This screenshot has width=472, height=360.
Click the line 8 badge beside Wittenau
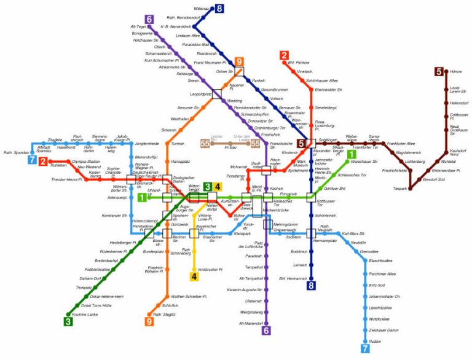tap(219, 8)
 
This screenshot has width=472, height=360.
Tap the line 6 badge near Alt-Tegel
tap(149, 19)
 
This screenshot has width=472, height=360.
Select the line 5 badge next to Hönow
tap(439, 72)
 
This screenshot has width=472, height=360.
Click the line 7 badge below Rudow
tap(365, 349)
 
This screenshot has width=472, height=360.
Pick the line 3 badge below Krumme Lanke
tap(68, 320)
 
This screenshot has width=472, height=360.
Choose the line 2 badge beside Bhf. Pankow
tap(283, 55)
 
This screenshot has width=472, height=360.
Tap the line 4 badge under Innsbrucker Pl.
tap(194, 276)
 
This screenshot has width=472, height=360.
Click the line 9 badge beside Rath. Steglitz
tap(149, 321)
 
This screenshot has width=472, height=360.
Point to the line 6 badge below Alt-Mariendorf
tap(266, 331)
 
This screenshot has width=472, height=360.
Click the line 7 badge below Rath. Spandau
tap(32, 161)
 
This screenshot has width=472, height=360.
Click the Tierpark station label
tap(399, 189)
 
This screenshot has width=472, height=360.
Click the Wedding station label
tap(234, 101)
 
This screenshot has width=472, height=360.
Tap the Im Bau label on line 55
tap(230, 147)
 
